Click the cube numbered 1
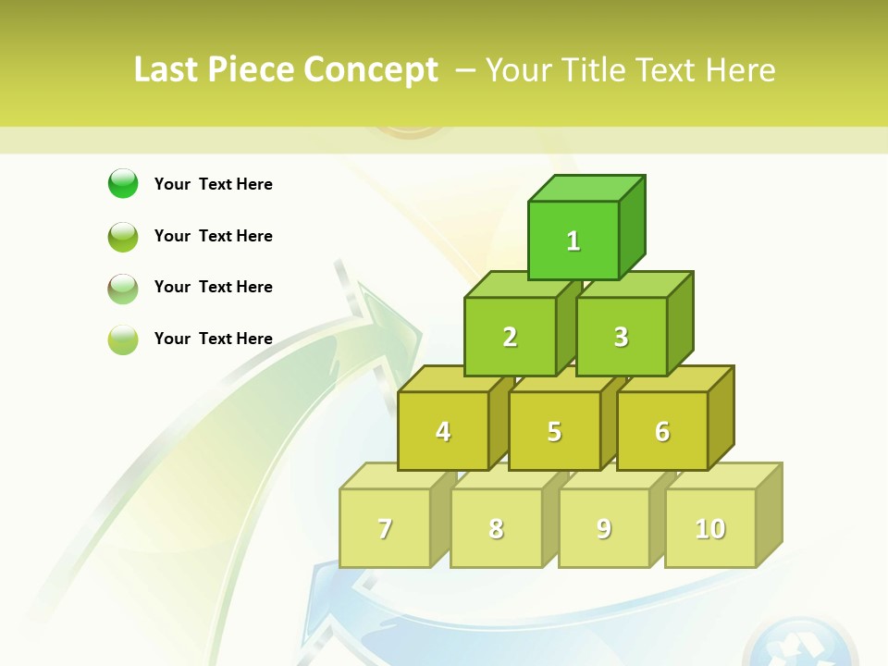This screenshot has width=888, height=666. [x=573, y=240]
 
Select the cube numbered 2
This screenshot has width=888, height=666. [x=510, y=337]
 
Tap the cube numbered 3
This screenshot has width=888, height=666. [x=622, y=337]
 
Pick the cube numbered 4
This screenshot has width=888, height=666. [x=443, y=431]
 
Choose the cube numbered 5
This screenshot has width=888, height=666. [x=554, y=431]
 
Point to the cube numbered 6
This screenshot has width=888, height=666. [x=662, y=431]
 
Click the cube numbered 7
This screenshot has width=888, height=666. [x=385, y=528]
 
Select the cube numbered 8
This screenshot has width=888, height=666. [x=496, y=528]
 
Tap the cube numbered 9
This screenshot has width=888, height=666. [x=604, y=528]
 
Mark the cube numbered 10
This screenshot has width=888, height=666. [x=710, y=528]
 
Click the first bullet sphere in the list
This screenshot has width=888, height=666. [x=123, y=183]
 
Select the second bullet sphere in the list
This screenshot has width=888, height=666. [x=123, y=236]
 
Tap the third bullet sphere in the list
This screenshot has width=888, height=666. [x=123, y=288]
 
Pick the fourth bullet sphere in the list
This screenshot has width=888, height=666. [x=123, y=339]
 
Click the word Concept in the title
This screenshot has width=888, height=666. [x=371, y=70]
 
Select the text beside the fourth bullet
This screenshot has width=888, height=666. [x=214, y=339]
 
